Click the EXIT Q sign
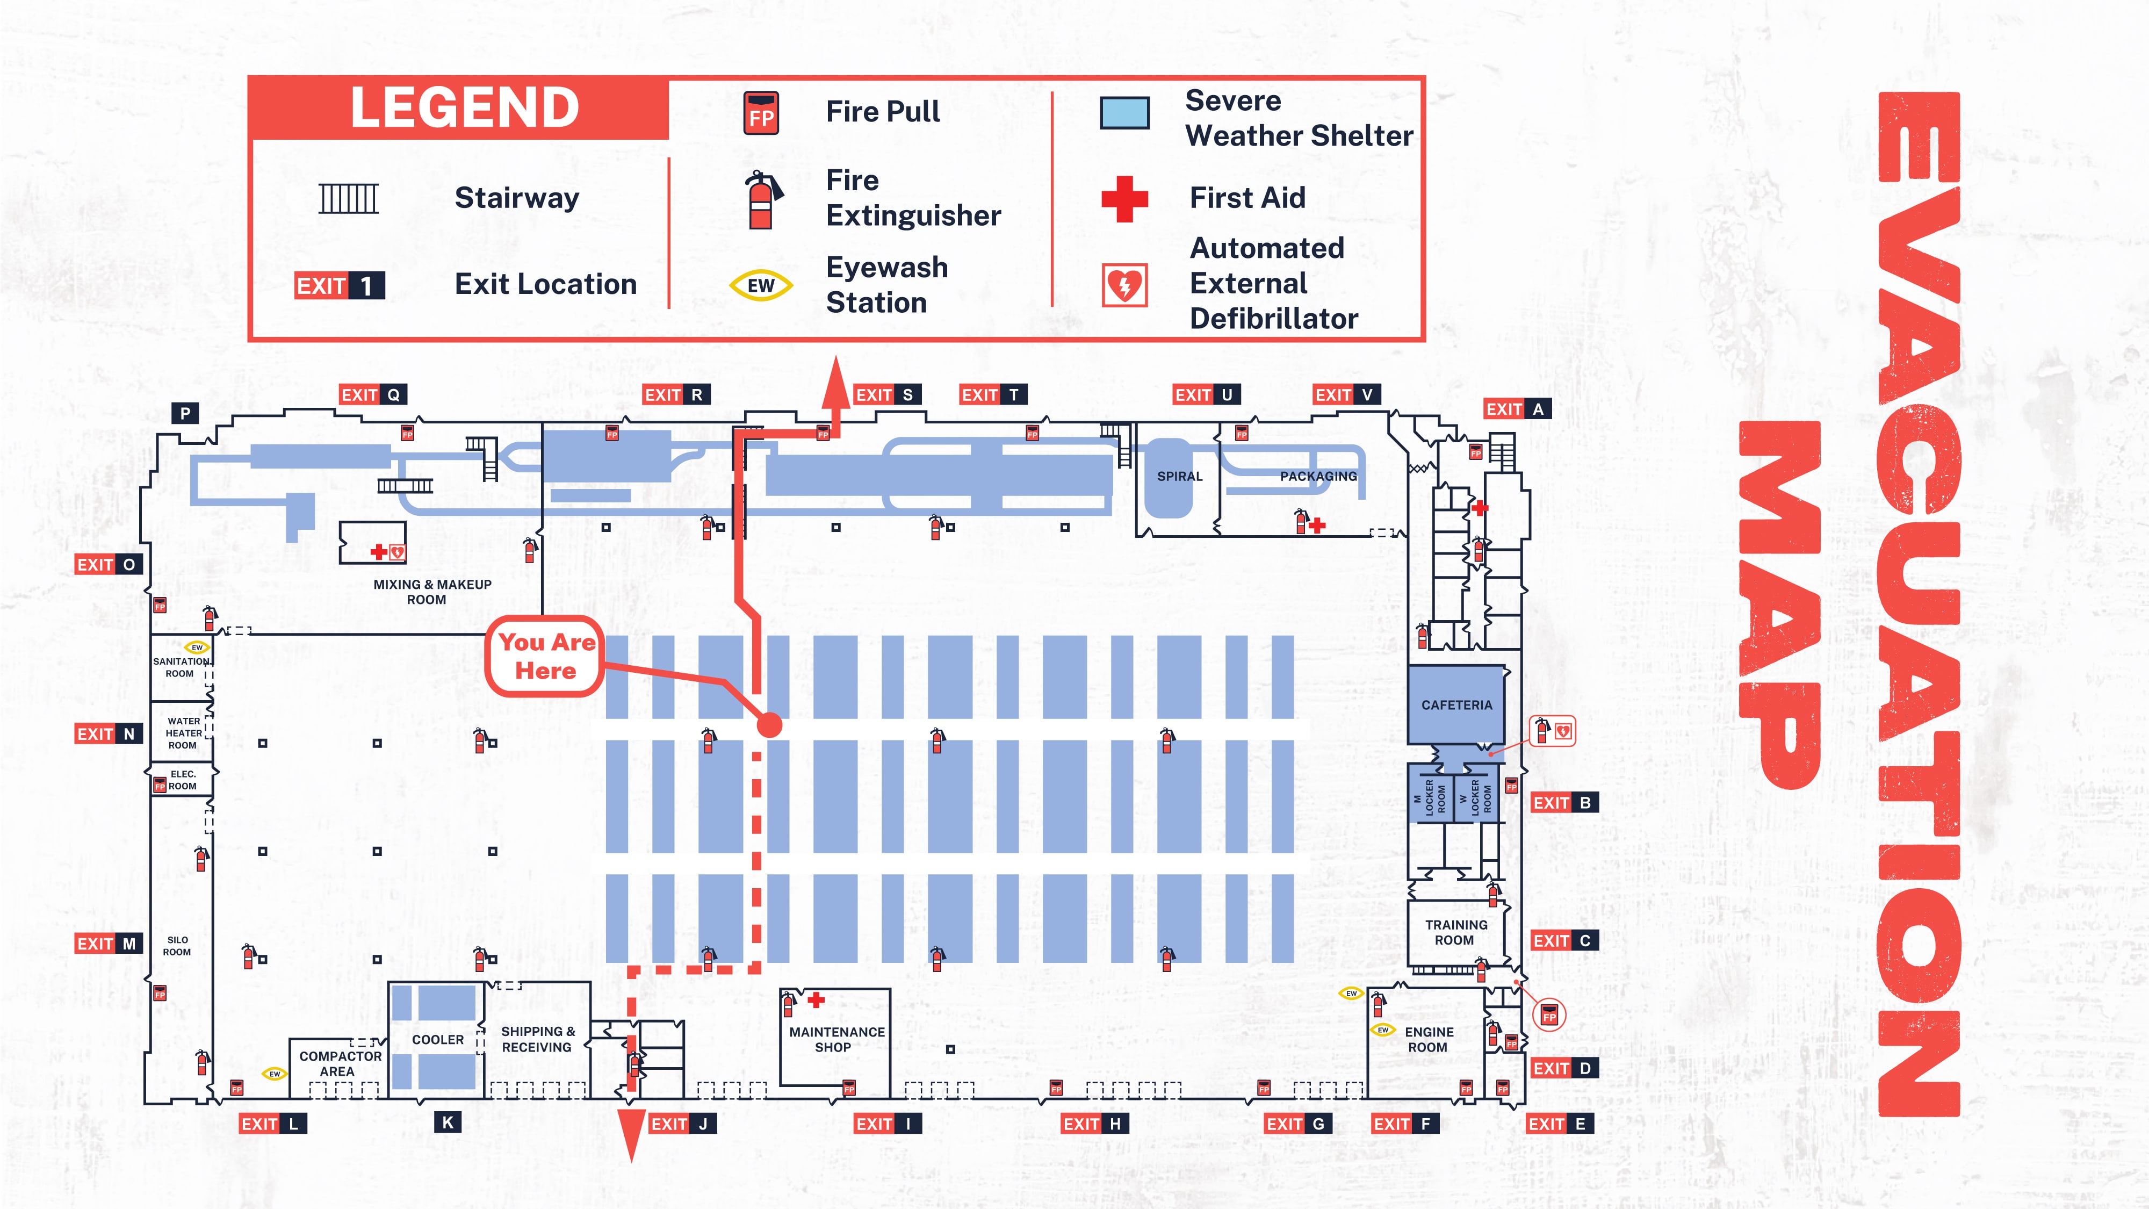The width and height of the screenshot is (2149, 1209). (373, 394)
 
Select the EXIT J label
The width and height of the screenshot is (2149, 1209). (682, 1124)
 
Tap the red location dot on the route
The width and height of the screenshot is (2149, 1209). (769, 724)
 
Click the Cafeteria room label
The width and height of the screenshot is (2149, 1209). (1456, 705)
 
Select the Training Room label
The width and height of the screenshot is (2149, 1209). (1456, 932)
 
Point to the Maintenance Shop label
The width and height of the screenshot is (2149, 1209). (836, 1040)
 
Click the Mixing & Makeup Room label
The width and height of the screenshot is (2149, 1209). (431, 592)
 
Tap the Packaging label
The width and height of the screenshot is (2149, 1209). (1318, 477)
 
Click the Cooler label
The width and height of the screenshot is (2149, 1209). (438, 1040)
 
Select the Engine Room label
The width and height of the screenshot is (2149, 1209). (1428, 1040)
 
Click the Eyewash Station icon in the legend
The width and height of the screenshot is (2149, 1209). (761, 285)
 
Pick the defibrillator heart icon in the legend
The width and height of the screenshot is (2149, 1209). (1124, 285)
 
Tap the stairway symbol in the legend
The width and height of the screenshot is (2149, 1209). (349, 199)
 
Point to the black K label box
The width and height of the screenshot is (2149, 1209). (448, 1122)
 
